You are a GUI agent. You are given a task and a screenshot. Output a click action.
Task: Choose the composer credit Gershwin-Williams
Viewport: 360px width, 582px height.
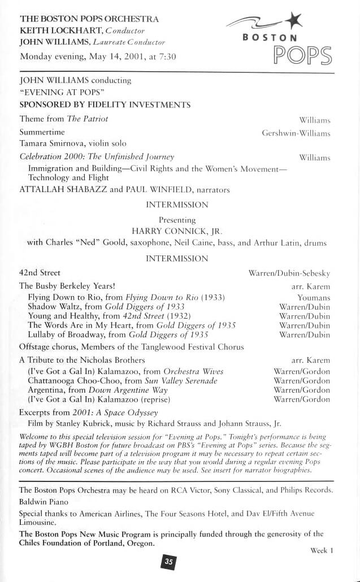pyautogui.click(x=296, y=133)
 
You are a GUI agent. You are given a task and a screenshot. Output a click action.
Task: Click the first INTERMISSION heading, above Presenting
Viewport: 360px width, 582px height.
pyautogui.click(x=177, y=205)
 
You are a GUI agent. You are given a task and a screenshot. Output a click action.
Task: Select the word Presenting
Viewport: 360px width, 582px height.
pyautogui.click(x=177, y=219)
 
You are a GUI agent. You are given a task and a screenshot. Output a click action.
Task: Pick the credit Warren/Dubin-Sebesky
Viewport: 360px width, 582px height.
pyautogui.click(x=289, y=273)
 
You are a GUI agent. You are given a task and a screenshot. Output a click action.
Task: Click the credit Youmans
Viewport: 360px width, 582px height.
pyautogui.click(x=314, y=297)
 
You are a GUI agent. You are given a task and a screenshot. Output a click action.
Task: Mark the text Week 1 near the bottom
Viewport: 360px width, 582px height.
pyautogui.click(x=322, y=550)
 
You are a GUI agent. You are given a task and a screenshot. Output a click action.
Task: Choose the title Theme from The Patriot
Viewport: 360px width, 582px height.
pyautogui.click(x=64, y=119)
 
